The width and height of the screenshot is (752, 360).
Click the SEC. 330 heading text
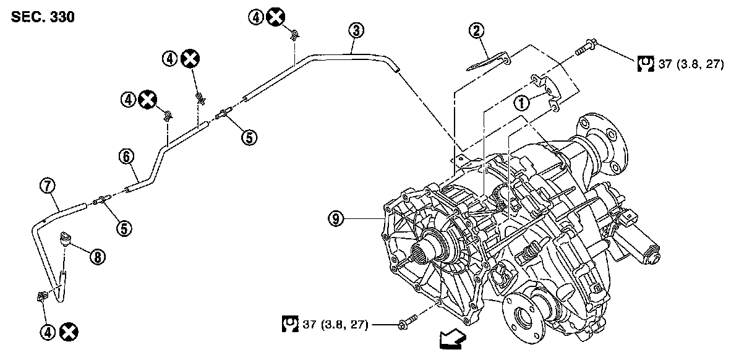tap(43, 17)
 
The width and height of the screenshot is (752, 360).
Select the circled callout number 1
tap(523, 103)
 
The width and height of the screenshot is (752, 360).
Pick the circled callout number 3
tap(356, 30)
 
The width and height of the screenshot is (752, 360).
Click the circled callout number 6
tap(126, 157)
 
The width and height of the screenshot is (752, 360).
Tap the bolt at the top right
tap(586, 47)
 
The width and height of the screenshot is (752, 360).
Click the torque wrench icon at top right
tap(645, 63)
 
